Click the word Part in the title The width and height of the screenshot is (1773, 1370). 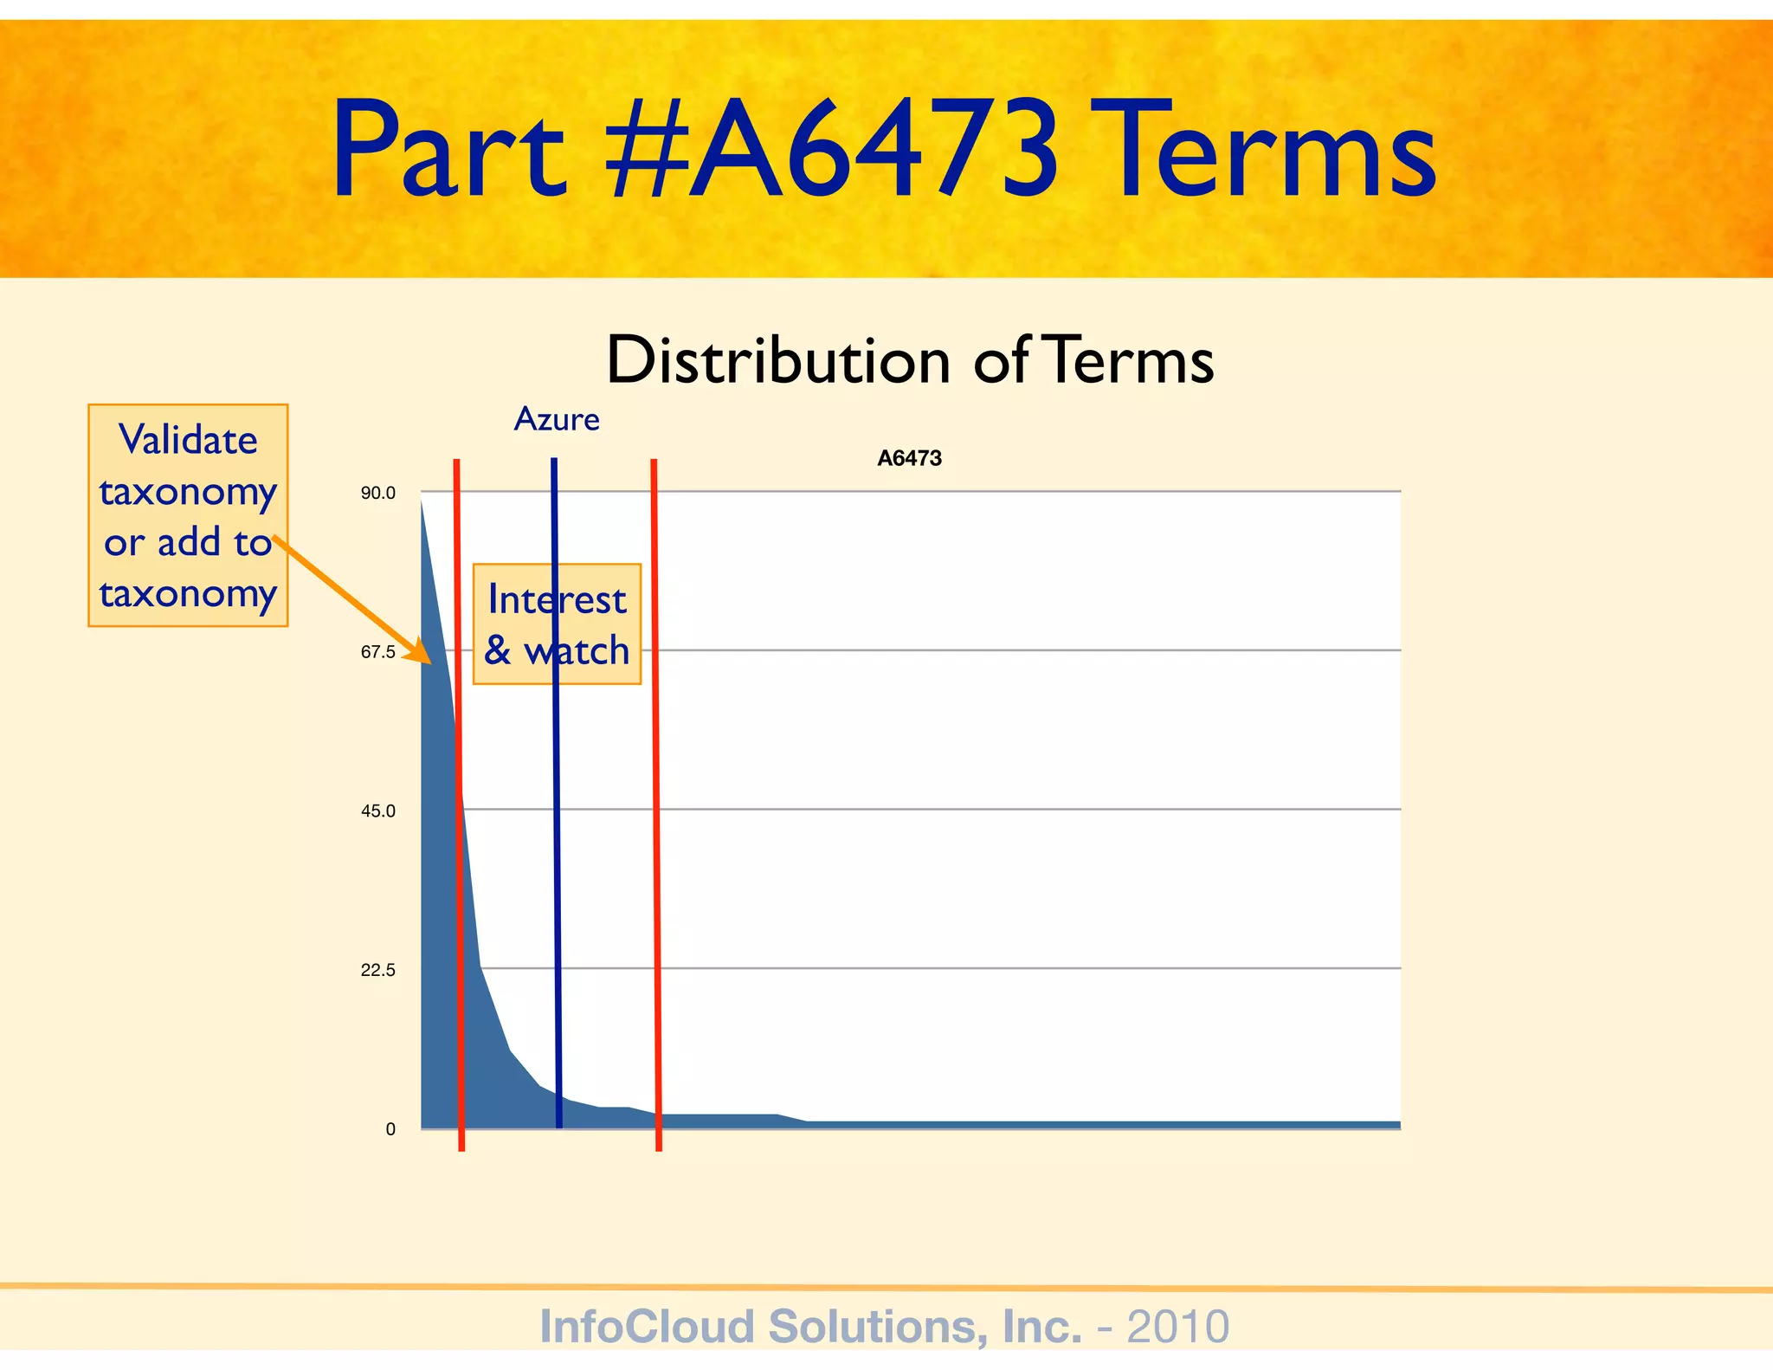coord(449,149)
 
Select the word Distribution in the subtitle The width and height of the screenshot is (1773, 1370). coord(777,359)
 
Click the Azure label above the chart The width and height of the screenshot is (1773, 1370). coord(557,419)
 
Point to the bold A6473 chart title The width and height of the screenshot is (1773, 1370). coord(909,458)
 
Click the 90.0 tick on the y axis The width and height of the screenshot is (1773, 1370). coord(378,494)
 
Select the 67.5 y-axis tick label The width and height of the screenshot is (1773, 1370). coord(378,652)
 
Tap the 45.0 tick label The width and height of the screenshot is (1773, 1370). coord(378,811)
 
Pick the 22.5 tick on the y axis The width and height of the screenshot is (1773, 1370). coord(378,970)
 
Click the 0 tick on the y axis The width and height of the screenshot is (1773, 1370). coord(390,1129)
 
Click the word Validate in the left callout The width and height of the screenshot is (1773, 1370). coord(188,440)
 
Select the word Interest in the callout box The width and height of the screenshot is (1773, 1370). coord(557,600)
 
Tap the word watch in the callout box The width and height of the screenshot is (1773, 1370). coord(577,651)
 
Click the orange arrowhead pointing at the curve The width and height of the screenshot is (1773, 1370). coord(421,654)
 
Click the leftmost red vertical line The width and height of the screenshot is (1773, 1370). coord(459,866)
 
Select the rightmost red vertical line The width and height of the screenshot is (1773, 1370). coord(656,866)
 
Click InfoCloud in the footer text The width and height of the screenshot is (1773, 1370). coord(648,1327)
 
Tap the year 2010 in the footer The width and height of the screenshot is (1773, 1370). coord(1177,1327)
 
